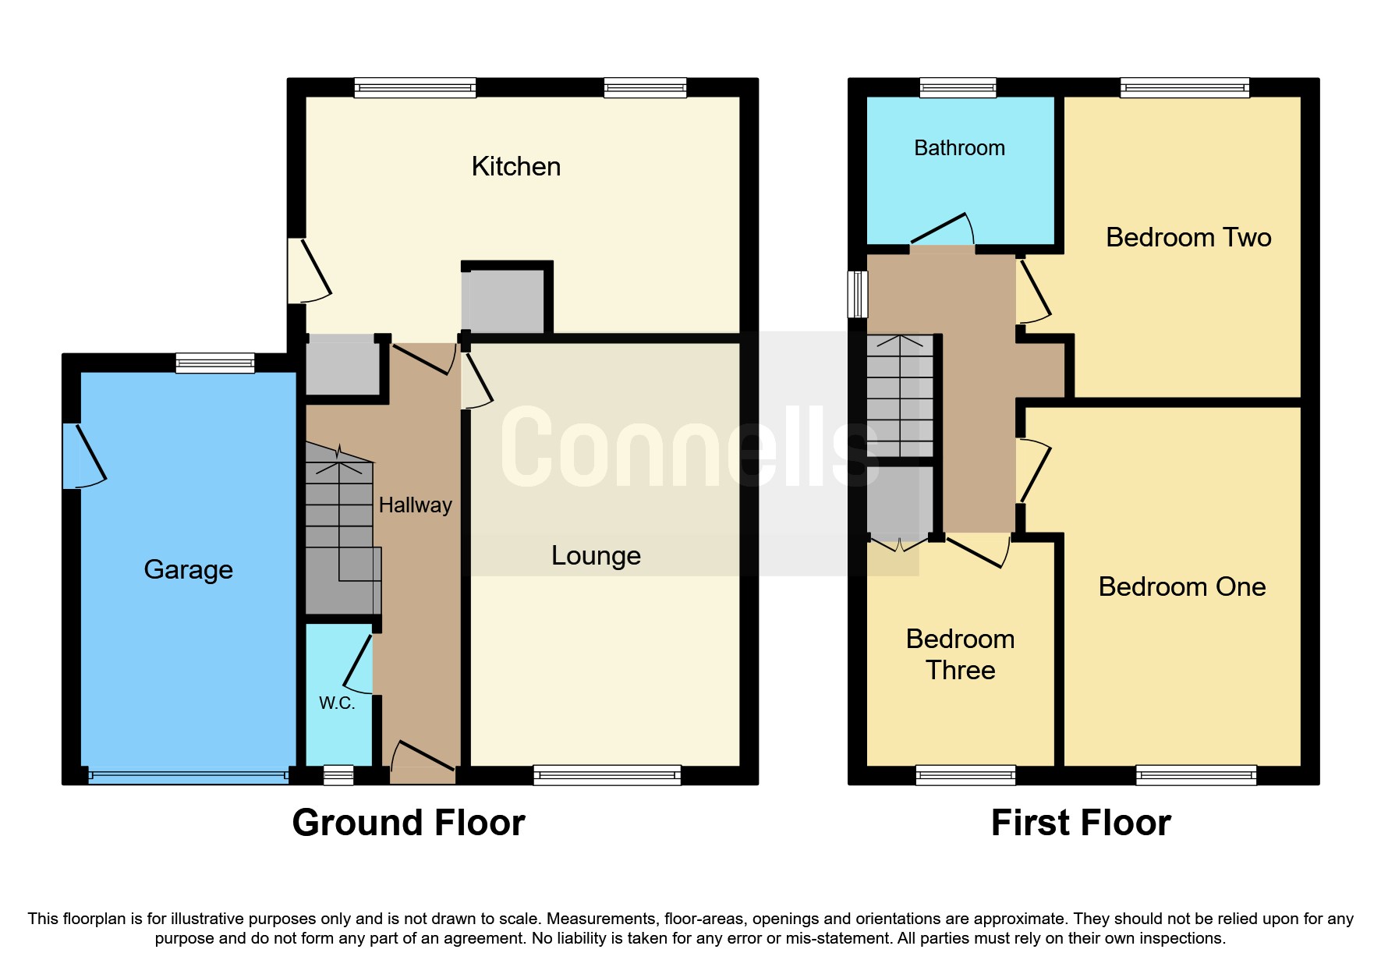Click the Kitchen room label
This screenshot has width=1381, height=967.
point(515,166)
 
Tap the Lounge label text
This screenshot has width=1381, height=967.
point(596,555)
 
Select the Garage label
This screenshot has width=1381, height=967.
point(188,569)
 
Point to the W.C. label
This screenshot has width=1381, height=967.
point(337,703)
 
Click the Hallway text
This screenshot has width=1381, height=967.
point(415,505)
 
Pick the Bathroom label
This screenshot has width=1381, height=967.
point(959,148)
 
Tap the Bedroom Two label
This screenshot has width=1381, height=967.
point(1188,237)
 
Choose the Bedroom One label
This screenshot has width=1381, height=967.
point(1181,586)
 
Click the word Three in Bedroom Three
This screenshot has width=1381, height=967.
point(960,670)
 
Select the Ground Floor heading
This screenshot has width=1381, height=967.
point(408,823)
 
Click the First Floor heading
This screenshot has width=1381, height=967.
point(1080,823)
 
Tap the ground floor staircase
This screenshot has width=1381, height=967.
point(339,538)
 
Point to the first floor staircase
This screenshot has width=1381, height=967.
point(900,396)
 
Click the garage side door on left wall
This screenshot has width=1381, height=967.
point(81,456)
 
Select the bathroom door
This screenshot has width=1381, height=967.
point(943,232)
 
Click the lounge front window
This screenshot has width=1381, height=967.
point(607,774)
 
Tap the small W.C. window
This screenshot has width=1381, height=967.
point(338,774)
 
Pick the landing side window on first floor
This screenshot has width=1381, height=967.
point(858,294)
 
